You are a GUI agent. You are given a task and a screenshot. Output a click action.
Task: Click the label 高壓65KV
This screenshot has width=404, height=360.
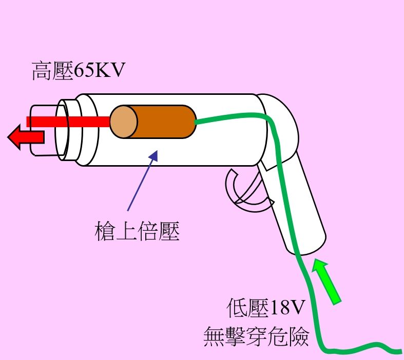pyautogui.click(x=79, y=71)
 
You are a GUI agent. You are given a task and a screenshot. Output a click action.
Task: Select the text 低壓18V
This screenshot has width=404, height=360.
pyautogui.click(x=266, y=309)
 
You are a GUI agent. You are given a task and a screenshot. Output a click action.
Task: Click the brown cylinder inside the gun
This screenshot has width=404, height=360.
pyautogui.click(x=164, y=122)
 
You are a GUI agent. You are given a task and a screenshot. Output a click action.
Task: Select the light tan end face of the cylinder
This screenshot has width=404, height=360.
pyautogui.click(x=124, y=122)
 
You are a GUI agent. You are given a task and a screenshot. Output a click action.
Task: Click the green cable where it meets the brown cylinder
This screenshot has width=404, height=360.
pyautogui.click(x=197, y=123)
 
